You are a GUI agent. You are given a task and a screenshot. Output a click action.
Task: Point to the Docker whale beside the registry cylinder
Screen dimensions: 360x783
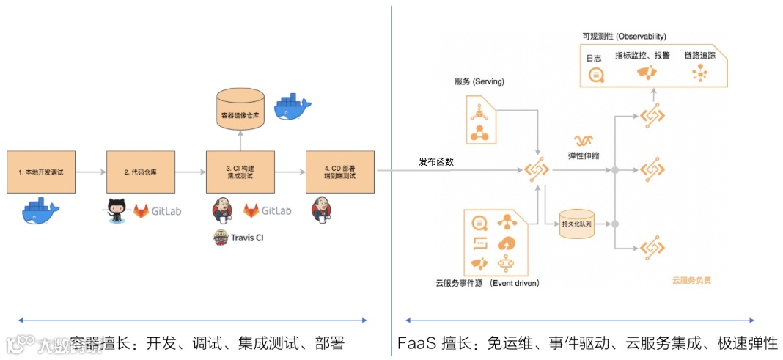click(x=293, y=108)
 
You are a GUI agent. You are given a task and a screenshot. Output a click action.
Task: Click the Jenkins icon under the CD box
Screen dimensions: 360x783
click(x=321, y=210)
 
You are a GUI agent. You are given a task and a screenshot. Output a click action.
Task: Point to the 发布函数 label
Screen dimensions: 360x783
click(x=436, y=162)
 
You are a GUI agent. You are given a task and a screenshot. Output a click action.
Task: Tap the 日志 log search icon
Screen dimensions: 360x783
click(x=596, y=74)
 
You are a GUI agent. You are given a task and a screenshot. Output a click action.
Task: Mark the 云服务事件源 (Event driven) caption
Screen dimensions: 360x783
click(x=487, y=282)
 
